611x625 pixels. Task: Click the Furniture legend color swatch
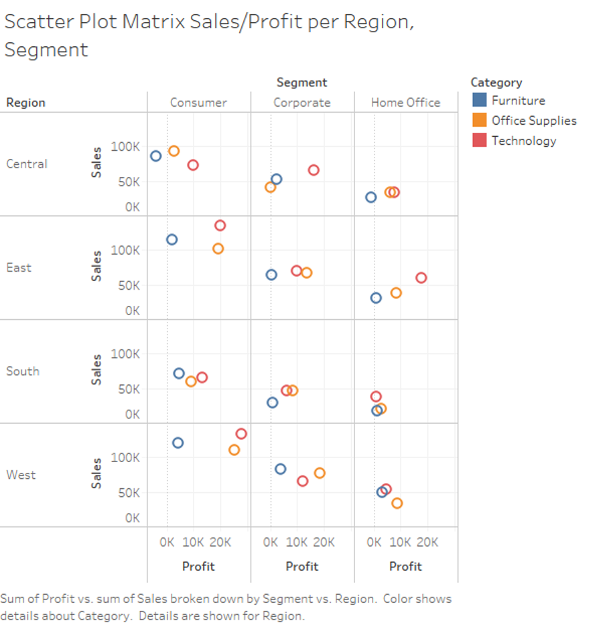coord(479,101)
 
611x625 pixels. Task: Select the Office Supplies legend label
coord(533,121)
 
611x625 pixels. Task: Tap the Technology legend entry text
coord(523,141)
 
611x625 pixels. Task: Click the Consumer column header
coord(198,103)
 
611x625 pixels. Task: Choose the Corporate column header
coord(301,103)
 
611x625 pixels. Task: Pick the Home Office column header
coord(405,103)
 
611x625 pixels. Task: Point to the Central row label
coord(27,164)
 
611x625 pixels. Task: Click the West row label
coord(21,475)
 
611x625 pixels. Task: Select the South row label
coord(23,371)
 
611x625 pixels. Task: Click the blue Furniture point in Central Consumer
coord(155,156)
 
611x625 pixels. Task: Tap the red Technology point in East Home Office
coord(421,278)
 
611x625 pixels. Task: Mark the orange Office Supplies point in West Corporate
coord(320,473)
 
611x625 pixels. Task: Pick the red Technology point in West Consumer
coord(241,434)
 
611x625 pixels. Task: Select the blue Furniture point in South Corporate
coord(272,402)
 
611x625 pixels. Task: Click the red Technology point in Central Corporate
coord(313,170)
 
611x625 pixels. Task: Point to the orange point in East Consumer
coord(218,249)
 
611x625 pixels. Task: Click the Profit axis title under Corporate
coord(301,566)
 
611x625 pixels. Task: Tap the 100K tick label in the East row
coord(125,250)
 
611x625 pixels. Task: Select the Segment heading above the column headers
coord(301,82)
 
